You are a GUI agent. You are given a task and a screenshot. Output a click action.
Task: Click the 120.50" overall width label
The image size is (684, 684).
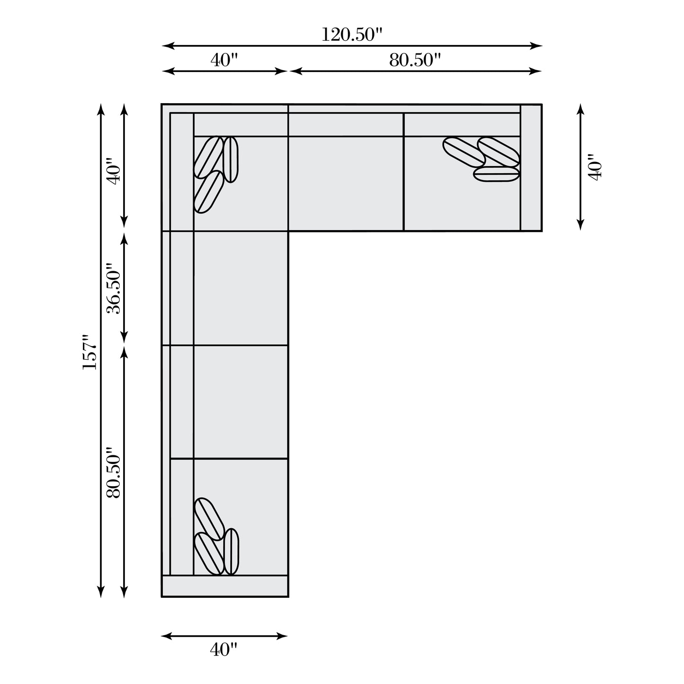pyautogui.click(x=351, y=35)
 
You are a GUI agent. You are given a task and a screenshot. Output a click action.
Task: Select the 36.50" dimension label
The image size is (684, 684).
pyautogui.click(x=114, y=288)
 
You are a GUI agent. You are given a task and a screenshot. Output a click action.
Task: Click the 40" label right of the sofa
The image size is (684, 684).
pyautogui.click(x=595, y=167)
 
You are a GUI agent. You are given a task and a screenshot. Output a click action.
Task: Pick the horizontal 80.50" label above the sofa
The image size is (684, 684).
pyautogui.click(x=415, y=60)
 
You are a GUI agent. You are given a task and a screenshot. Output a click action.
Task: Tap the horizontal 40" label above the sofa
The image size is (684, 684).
pyautogui.click(x=223, y=60)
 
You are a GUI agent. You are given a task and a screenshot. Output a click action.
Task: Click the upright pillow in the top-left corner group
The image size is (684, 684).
pyautogui.click(x=231, y=160)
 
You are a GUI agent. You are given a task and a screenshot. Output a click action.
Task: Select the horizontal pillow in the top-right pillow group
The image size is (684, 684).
pyautogui.click(x=496, y=174)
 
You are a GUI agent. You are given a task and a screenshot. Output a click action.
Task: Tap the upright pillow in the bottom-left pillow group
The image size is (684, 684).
pyautogui.click(x=231, y=551)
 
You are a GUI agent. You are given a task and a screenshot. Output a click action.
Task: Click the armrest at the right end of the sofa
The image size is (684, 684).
pyautogui.click(x=531, y=167)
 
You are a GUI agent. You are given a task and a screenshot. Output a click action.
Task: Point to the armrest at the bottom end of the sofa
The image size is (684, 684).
pyautogui.click(x=225, y=586)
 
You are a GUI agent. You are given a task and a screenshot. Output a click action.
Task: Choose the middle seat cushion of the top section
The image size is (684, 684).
pyautogui.click(x=346, y=183)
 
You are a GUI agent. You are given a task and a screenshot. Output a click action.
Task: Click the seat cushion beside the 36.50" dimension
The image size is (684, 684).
pyautogui.click(x=240, y=288)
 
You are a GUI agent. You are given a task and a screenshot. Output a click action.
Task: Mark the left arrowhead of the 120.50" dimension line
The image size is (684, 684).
pyautogui.click(x=166, y=46)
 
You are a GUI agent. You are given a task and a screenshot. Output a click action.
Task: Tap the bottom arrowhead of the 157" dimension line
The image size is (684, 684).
pyautogui.click(x=100, y=593)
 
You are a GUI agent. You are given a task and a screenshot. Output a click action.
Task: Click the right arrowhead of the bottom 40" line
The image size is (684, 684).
pyautogui.click(x=284, y=636)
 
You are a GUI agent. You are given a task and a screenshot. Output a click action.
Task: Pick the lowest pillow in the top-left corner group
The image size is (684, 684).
pyautogui.click(x=209, y=192)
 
